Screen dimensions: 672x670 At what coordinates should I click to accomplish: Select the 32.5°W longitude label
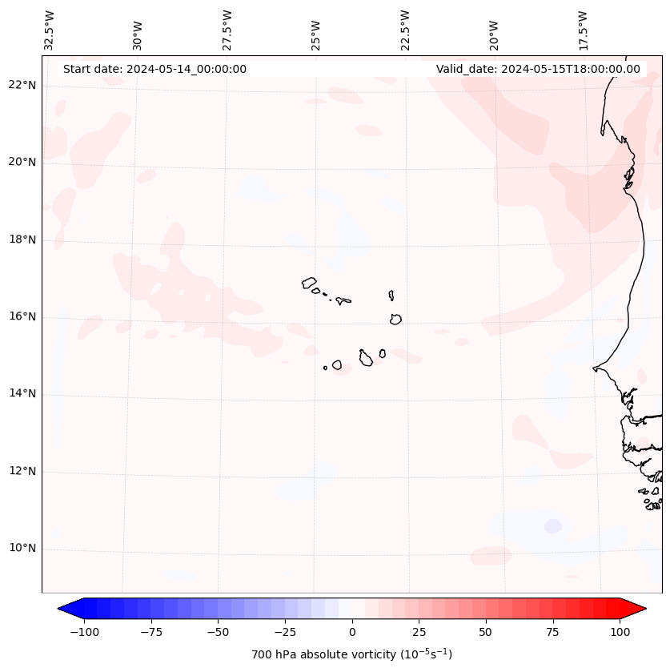(x=50, y=30)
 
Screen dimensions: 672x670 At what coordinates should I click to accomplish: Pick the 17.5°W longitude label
(x=583, y=30)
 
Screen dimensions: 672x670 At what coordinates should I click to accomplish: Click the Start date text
(x=154, y=69)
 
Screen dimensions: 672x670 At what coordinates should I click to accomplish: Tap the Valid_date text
(x=538, y=69)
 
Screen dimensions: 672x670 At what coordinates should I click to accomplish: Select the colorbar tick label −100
(x=85, y=632)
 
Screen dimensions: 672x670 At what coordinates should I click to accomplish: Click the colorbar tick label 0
(x=352, y=632)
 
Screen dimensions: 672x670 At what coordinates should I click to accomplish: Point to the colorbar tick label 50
(x=486, y=632)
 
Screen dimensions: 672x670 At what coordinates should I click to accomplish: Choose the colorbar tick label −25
(x=284, y=632)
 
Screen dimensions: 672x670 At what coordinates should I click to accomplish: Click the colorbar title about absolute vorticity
(x=352, y=654)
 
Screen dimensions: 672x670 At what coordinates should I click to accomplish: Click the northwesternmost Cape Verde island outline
(x=309, y=282)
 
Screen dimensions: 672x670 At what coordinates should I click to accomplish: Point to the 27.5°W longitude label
(x=227, y=30)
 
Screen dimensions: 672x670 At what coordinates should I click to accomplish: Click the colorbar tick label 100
(x=619, y=632)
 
